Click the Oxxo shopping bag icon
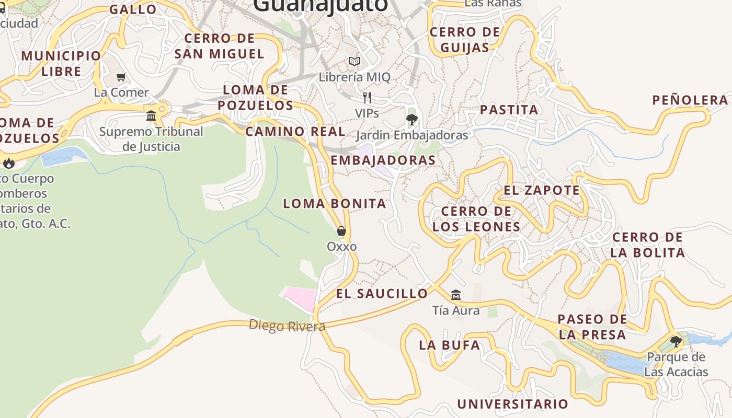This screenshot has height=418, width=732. point(341,231)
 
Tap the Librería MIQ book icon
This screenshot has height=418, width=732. point(354,62)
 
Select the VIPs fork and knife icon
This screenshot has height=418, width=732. point(367,98)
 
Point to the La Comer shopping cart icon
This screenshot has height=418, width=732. point(121,77)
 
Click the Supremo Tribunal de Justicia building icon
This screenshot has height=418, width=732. point(151,115)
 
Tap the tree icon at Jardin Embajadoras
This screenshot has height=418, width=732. point(412,120)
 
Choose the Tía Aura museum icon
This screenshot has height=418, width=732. point(456,295)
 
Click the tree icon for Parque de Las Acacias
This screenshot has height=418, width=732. point(676,342)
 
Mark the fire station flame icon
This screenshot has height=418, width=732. point(9,163)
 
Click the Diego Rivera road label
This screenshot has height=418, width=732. point(287,326)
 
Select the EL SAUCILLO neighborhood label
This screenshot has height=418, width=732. point(382,294)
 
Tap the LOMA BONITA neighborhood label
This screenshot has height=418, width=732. point(335,203)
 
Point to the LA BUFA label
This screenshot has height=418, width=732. point(450,345)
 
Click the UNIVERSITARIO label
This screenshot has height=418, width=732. point(512,404)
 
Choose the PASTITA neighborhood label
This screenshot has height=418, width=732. point(509,110)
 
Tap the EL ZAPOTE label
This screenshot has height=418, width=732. point(542,190)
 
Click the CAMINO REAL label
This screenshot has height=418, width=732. point(295,131)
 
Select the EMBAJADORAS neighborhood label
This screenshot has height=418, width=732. point(383,160)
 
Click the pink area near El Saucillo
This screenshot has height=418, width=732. point(301,298)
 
